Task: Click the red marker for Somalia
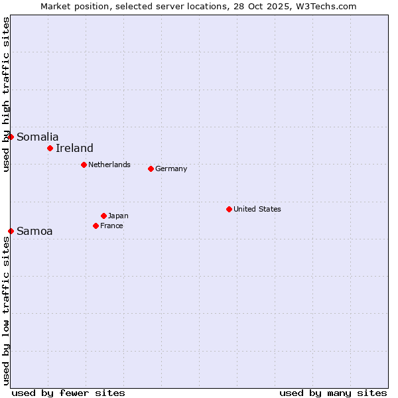(11, 137)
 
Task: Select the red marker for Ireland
(50, 148)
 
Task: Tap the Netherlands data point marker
(84, 165)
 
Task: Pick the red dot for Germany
(151, 168)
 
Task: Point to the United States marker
(229, 209)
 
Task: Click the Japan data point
(103, 216)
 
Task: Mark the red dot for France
(96, 226)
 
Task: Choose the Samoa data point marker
(11, 231)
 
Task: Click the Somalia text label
(37, 137)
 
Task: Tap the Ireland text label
(74, 149)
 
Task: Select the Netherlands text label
(109, 165)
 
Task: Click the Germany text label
(171, 168)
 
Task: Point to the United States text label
(257, 209)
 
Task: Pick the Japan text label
(118, 216)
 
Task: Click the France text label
(111, 226)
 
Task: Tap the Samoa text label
(34, 232)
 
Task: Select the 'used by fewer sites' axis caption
(68, 393)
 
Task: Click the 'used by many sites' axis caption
(333, 393)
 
